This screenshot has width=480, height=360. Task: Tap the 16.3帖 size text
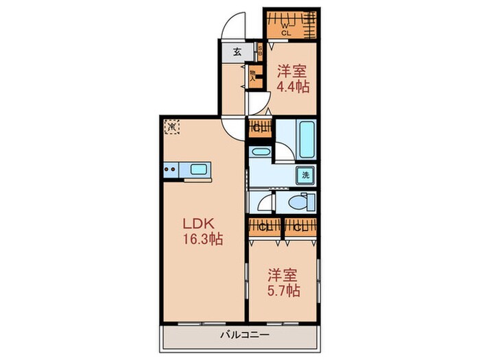pyautogui.click(x=201, y=239)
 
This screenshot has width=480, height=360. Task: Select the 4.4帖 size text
pyautogui.click(x=293, y=86)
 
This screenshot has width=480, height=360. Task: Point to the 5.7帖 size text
pyautogui.click(x=283, y=290)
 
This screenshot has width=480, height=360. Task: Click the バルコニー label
pyautogui.click(x=244, y=335)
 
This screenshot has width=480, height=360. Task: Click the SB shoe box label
pyautogui.click(x=260, y=51)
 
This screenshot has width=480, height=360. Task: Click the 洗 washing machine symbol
pyautogui.click(x=305, y=175)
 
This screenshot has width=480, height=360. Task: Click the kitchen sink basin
pyautogui.click(x=199, y=169)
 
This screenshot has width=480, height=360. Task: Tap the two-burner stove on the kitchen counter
pyautogui.click(x=171, y=169)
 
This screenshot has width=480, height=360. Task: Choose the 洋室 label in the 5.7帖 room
pyautogui.click(x=283, y=274)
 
